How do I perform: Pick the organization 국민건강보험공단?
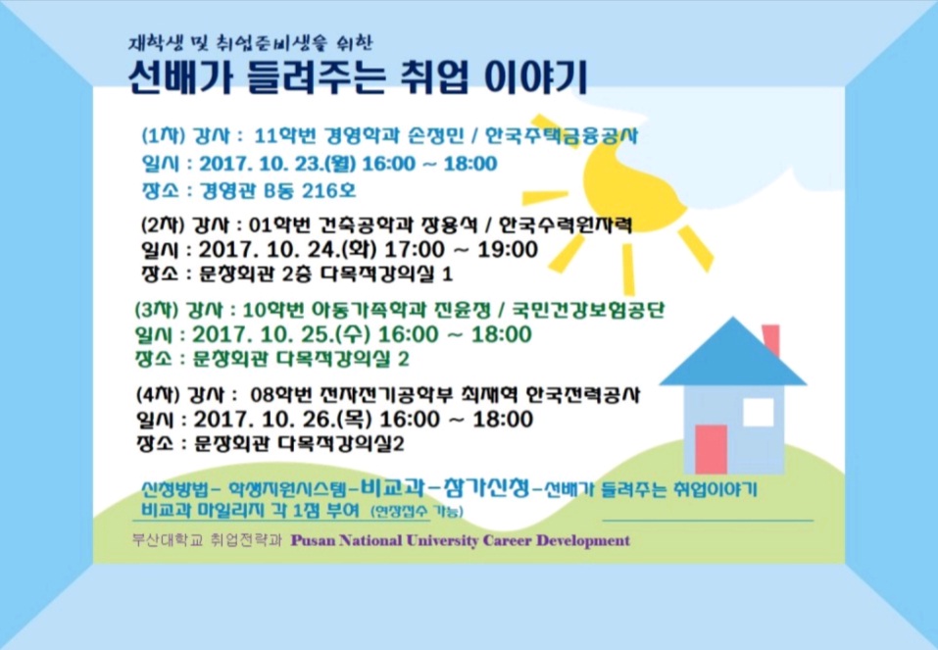[587, 311]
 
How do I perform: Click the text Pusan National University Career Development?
[460, 540]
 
